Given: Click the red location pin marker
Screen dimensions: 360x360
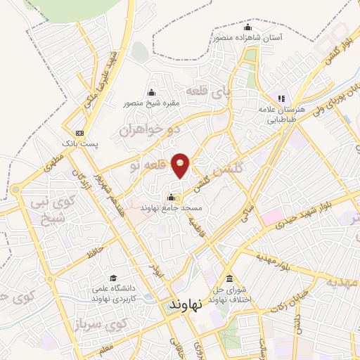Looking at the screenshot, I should coord(181,164).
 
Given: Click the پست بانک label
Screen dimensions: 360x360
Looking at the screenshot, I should coord(79,143).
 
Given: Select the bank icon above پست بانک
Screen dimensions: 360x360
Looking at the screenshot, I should coord(79,132).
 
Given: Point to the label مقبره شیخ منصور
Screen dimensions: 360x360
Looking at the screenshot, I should coord(152,103).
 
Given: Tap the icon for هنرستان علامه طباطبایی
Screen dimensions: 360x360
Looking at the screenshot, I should coord(281,98).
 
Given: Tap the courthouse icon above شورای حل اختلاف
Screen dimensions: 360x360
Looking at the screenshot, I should coord(229,276).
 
